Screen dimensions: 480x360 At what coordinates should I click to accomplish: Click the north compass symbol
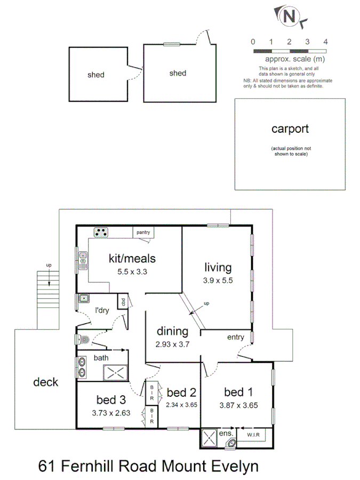289,16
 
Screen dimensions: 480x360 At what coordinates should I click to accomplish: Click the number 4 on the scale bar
325,42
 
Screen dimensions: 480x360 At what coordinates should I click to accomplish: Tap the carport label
290,129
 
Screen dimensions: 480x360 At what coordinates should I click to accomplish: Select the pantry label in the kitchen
142,232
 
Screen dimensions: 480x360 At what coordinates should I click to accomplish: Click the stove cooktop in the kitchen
100,232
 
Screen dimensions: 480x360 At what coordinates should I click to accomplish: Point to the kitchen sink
83,260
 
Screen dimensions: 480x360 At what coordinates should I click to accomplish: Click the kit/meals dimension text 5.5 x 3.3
132,271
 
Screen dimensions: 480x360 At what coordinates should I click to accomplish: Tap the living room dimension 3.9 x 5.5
218,279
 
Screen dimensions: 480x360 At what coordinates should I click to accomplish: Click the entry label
235,337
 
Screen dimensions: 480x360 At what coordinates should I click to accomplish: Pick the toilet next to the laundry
82,339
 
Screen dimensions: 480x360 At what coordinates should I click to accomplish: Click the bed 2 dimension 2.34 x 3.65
182,405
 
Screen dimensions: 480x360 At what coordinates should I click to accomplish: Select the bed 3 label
111,399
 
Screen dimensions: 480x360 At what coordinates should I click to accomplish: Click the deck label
45,382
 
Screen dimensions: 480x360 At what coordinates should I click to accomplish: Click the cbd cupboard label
123,301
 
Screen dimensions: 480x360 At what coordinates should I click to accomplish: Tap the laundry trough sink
83,299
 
